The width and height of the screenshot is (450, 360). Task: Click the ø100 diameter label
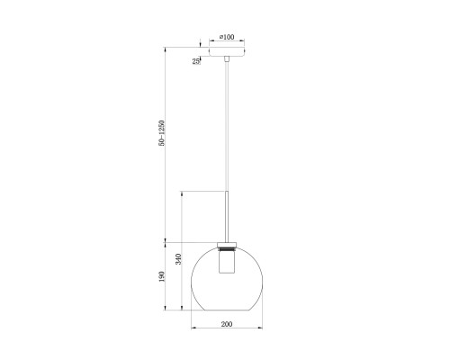227,37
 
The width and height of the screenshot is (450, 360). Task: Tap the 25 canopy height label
195,61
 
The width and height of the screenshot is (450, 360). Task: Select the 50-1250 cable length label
162,133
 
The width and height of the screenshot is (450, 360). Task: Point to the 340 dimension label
178,259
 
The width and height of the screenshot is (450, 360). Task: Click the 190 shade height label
162,276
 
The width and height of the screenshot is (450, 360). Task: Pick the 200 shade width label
227,324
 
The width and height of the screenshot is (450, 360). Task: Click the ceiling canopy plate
227,51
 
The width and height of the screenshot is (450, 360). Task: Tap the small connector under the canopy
227,58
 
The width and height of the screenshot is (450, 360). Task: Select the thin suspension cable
227,126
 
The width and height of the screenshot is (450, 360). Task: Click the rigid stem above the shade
227,216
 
